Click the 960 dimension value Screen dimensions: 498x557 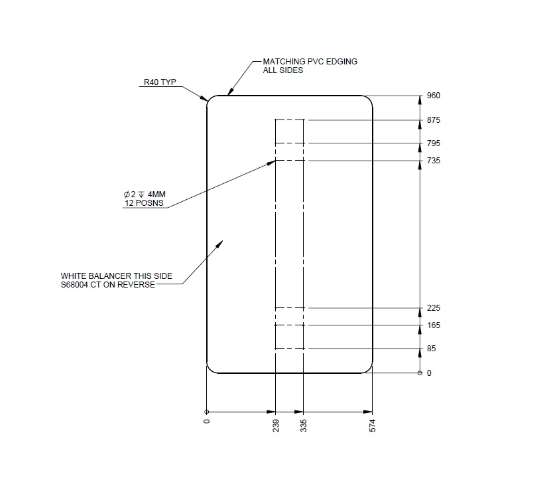[434, 96]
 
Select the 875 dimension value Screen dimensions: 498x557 [434, 120]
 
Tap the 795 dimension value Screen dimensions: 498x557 [434, 143]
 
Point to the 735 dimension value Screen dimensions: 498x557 [434, 161]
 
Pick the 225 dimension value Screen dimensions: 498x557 [434, 308]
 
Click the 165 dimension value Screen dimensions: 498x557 [434, 325]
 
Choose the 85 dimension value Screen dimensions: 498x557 [432, 349]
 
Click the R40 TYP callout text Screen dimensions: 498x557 [160, 84]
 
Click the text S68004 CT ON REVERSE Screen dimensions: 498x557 [108, 285]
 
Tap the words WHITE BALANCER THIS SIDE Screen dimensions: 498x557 [117, 276]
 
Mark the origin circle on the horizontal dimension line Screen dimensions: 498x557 [207, 410]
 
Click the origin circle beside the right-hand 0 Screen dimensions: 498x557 [420, 373]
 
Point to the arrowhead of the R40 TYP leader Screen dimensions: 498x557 [206, 100]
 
